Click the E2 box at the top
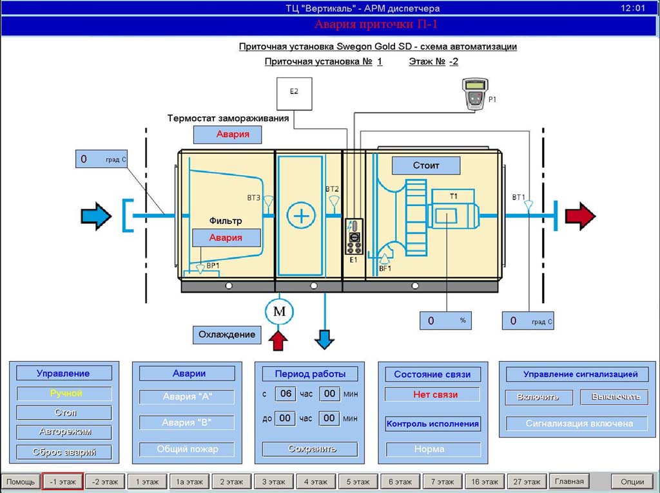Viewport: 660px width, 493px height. coord(293,93)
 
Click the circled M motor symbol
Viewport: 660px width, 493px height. coord(279,312)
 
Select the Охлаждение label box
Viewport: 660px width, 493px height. coord(227,335)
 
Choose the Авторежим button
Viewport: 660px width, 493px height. coord(64,432)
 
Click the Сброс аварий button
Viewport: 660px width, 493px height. coord(64,452)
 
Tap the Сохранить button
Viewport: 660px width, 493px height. coord(313,449)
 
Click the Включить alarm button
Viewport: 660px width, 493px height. coord(538,397)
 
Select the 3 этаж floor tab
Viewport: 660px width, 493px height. coord(274,481)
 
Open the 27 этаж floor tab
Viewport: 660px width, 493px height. coord(527,481)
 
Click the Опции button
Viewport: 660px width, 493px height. coord(632,481)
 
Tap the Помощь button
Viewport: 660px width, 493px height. coord(21,481)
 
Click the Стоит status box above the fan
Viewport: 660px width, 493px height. coord(426,165)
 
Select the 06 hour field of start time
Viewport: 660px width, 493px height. coord(286,393)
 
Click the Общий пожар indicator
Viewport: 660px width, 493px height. coord(187,449)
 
